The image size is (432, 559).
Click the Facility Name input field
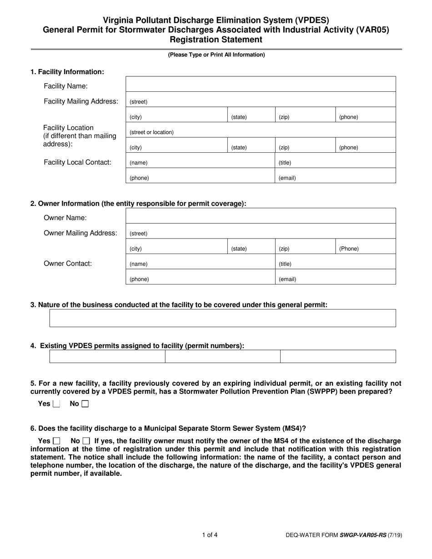(260, 84)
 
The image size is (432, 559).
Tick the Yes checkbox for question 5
(56, 404)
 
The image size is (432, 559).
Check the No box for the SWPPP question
(85, 404)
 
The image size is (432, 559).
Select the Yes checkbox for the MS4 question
(56, 441)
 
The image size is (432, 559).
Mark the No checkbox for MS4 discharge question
(86, 441)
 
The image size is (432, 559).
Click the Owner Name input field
(260, 216)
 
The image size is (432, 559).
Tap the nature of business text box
(222, 318)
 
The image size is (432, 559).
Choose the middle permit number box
(222, 356)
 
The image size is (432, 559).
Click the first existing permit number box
(107, 356)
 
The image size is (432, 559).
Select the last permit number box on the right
(338, 356)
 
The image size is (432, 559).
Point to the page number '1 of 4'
(210, 535)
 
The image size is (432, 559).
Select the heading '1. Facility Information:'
(67, 72)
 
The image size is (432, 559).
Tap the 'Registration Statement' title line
(216, 40)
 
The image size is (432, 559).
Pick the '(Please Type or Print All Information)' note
(216, 55)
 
